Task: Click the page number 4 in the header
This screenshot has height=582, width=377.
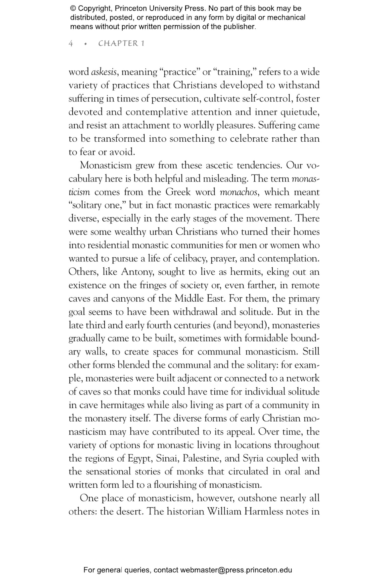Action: pos(71,43)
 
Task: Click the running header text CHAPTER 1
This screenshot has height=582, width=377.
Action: pos(121,43)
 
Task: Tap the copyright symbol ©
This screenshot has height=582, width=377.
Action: pos(73,9)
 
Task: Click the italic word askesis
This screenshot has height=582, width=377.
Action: pos(104,72)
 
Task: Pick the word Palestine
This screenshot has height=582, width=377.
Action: pos(202,458)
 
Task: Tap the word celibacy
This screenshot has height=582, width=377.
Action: pos(190,259)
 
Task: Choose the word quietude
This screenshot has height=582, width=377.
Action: pos(300,112)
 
